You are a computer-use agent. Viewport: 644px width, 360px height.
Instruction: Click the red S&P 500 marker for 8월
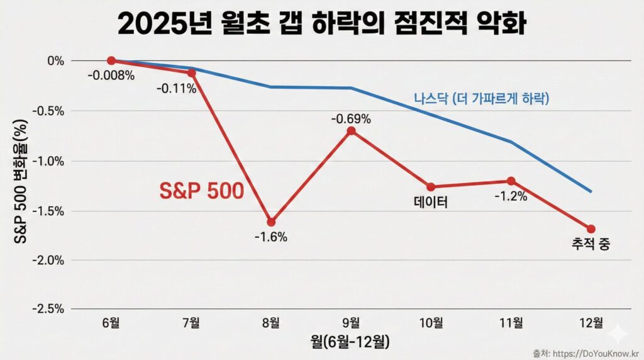pos(271,222)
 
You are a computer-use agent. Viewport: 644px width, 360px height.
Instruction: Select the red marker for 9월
pos(351,131)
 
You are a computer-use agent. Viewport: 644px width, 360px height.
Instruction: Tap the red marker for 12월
pos(591,229)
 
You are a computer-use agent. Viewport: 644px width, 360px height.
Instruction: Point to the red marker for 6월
pos(111,60)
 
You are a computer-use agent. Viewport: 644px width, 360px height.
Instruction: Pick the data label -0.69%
pos(352,118)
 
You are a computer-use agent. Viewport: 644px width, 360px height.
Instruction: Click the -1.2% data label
pos(510,196)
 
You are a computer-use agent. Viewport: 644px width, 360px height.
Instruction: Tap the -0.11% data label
pos(177,89)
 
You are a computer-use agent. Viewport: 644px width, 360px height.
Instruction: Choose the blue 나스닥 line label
pos(481,99)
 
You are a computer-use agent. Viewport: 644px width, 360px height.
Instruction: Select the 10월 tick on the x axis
pos(431,323)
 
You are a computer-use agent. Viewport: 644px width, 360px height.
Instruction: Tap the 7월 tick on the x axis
pos(191,323)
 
